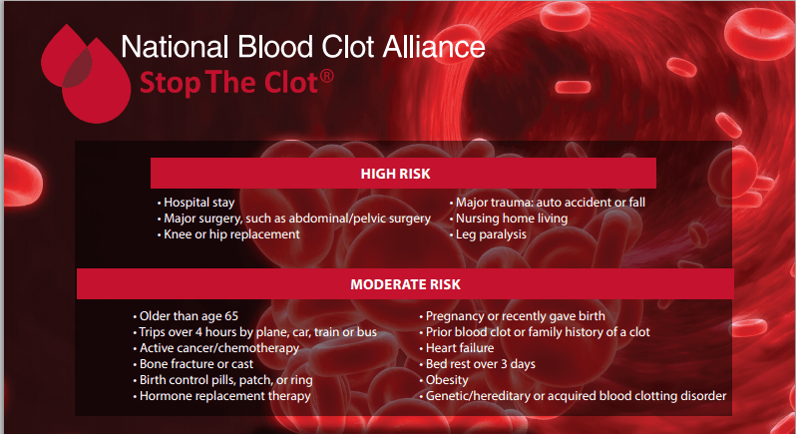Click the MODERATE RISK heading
click(x=402, y=285)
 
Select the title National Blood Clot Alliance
click(x=302, y=47)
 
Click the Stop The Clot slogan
click(x=228, y=83)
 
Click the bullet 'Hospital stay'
click(x=199, y=203)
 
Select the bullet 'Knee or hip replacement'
click(x=231, y=234)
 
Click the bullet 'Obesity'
click(x=448, y=380)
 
